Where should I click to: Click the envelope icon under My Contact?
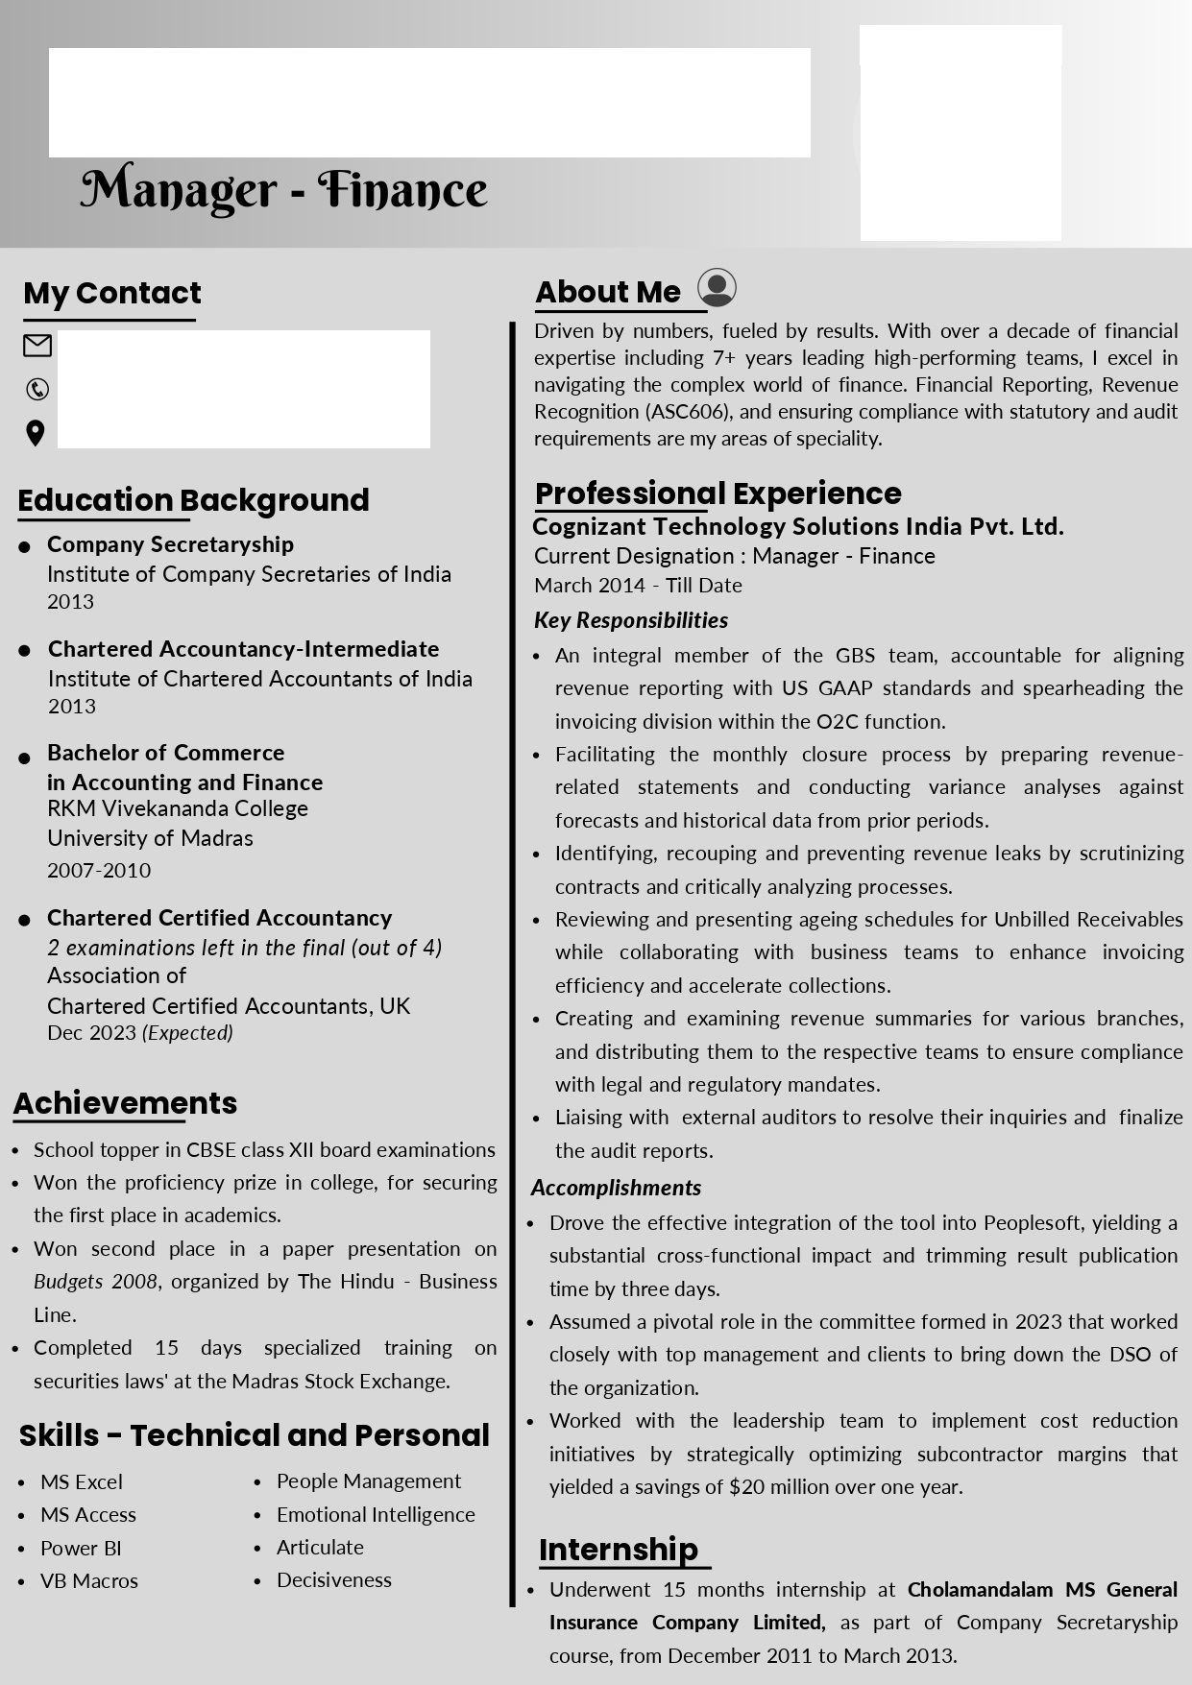tap(37, 346)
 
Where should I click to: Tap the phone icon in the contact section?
tap(37, 389)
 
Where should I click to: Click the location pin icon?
tap(36, 433)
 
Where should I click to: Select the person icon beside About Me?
tap(717, 287)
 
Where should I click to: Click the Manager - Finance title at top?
tap(283, 190)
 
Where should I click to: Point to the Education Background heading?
tap(193, 500)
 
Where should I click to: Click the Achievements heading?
tap(125, 1103)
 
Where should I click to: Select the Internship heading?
tap(619, 1549)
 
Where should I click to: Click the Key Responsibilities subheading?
tap(631, 620)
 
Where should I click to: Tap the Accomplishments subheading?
tap(616, 1188)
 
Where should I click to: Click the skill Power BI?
tap(81, 1548)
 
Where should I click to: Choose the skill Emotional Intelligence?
tap(376, 1514)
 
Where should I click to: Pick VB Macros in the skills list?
tap(89, 1580)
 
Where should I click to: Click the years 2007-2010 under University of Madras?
tap(99, 870)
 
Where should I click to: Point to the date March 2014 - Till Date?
tap(638, 585)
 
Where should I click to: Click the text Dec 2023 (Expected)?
tap(140, 1033)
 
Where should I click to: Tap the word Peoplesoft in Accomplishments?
tap(1033, 1222)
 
